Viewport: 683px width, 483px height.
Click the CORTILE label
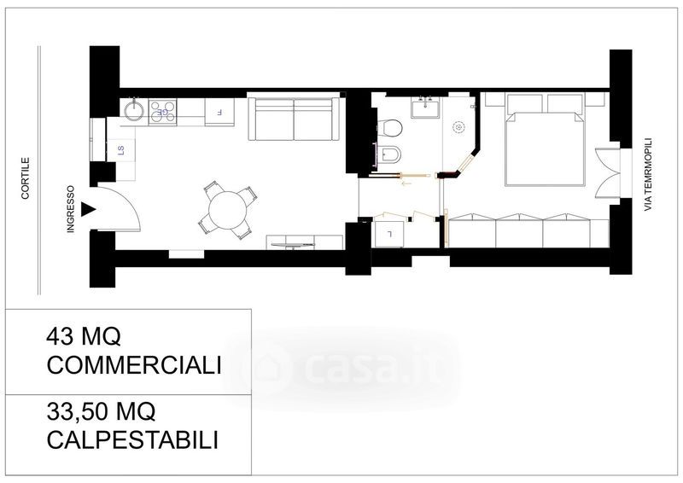26,178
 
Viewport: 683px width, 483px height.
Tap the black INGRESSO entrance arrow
90,209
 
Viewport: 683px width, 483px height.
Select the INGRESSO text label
71,209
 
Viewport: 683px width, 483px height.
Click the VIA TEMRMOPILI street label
648,175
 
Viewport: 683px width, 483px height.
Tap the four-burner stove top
162,112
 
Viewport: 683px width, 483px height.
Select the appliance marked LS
120,150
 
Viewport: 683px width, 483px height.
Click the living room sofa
294,119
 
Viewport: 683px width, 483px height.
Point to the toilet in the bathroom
389,128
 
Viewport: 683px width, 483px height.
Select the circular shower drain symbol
458,127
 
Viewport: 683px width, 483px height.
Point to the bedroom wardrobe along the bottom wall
528,231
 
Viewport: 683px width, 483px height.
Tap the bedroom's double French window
608,173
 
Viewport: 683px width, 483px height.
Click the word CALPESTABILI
132,439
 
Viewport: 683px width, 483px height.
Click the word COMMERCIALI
134,365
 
